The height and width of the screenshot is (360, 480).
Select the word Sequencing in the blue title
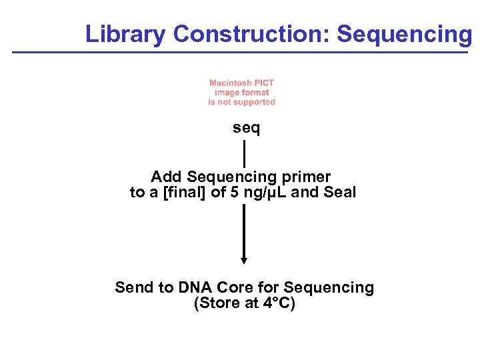(404, 34)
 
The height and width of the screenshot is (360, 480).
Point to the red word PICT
(265, 83)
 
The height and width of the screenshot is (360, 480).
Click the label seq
(246, 128)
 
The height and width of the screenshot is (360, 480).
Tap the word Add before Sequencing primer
(167, 177)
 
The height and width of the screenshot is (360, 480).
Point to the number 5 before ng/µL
(234, 193)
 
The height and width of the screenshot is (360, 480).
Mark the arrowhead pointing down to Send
(244, 260)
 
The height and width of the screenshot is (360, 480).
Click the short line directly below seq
(245, 153)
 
